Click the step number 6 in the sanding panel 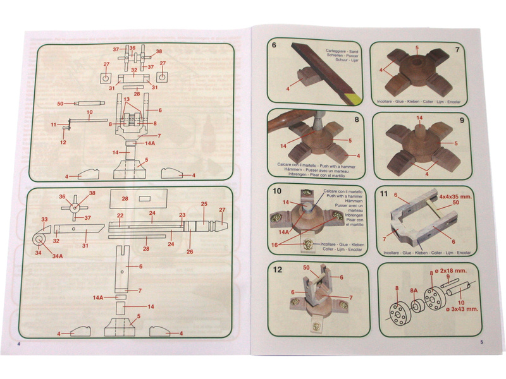[274, 45]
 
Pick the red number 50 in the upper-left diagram [61, 102]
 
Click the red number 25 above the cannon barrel [204, 204]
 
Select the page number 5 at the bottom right [483, 343]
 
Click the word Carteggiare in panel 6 [338, 48]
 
